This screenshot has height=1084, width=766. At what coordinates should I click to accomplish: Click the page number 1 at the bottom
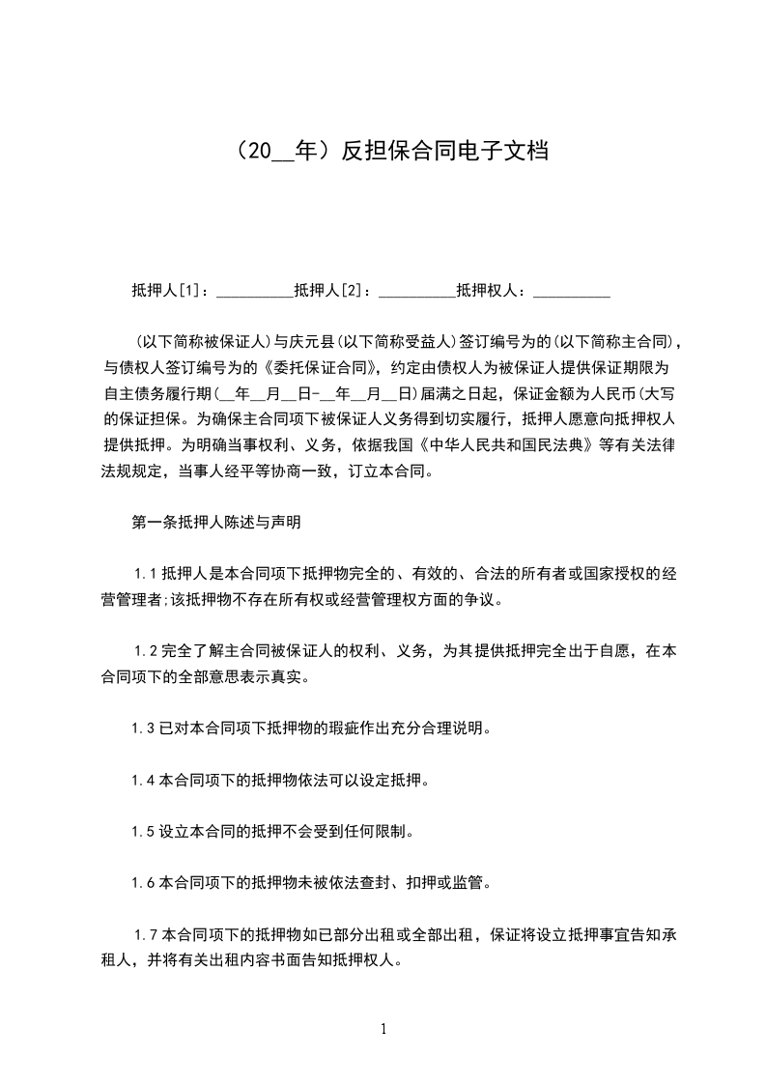pos(383,1028)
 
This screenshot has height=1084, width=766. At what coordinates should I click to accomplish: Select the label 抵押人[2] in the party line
pos(328,289)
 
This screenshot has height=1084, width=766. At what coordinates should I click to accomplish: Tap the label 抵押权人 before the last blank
pos(489,289)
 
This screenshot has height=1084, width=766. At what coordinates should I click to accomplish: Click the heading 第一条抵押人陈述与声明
pos(216,523)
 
